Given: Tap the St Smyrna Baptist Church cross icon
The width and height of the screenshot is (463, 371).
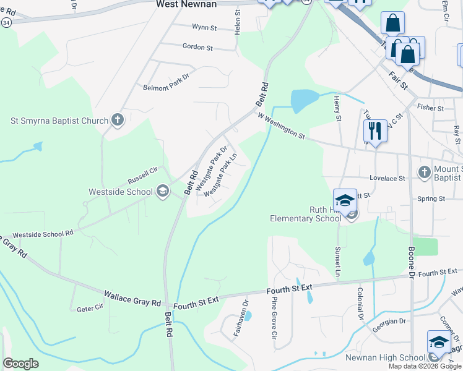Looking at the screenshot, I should (x=118, y=120).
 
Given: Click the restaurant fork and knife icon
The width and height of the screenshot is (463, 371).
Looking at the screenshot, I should (x=375, y=131).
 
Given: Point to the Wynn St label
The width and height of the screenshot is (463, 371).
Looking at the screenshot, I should (x=204, y=28).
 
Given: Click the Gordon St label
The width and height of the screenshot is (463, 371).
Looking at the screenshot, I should (x=197, y=47).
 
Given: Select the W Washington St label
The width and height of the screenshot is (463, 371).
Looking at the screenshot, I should (x=282, y=126).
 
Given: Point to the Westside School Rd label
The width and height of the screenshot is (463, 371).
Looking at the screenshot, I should (x=43, y=234).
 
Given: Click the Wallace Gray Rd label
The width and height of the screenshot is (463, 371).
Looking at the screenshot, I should (x=132, y=297).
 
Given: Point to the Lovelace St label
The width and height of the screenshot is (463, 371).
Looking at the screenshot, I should (x=387, y=178).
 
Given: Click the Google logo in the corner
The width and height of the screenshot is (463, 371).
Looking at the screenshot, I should (x=20, y=363).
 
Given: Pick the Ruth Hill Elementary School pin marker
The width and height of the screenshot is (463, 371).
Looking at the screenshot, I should (x=345, y=202).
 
